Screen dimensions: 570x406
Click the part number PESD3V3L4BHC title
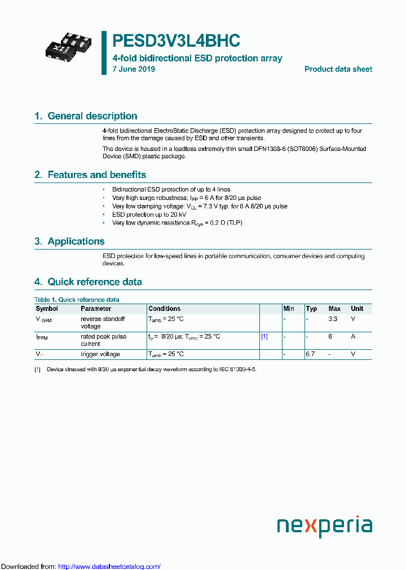[x=176, y=41]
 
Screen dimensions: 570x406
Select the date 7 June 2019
[x=134, y=69]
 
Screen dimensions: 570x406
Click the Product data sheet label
[x=338, y=69]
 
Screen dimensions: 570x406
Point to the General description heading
[x=86, y=116]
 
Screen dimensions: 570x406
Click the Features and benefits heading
[x=90, y=175]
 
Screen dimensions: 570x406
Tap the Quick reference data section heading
[x=88, y=282]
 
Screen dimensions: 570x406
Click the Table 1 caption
[x=77, y=300]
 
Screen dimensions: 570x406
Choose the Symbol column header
[x=47, y=309]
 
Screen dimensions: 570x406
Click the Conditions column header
[x=164, y=309]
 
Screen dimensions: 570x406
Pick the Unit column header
[x=357, y=309]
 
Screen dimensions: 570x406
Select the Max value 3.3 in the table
[x=333, y=319]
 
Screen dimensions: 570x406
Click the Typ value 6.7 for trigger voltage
[x=310, y=354]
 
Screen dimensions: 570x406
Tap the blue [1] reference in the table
[x=264, y=336]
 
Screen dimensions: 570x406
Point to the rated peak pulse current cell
[x=103, y=340]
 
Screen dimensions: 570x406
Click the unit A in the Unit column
[x=353, y=336]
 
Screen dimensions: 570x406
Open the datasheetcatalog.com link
[x=109, y=566]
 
